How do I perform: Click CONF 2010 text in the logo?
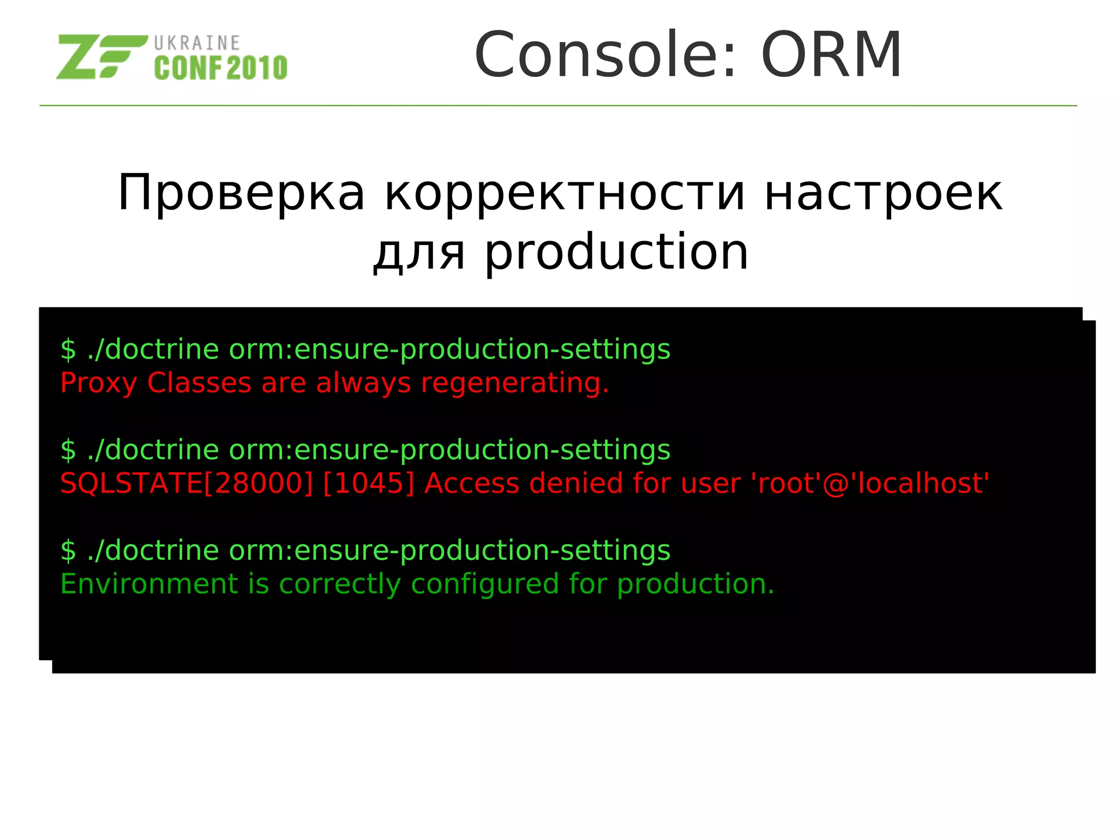click(x=220, y=68)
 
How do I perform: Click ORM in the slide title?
click(x=831, y=55)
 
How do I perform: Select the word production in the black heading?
click(x=616, y=252)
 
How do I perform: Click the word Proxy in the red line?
click(x=98, y=383)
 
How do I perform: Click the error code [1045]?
click(x=369, y=483)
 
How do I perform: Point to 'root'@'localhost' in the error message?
click(x=870, y=483)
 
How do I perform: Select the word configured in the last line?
click(x=485, y=584)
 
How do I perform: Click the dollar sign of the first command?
click(x=68, y=350)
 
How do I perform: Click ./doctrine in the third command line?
click(x=153, y=550)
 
